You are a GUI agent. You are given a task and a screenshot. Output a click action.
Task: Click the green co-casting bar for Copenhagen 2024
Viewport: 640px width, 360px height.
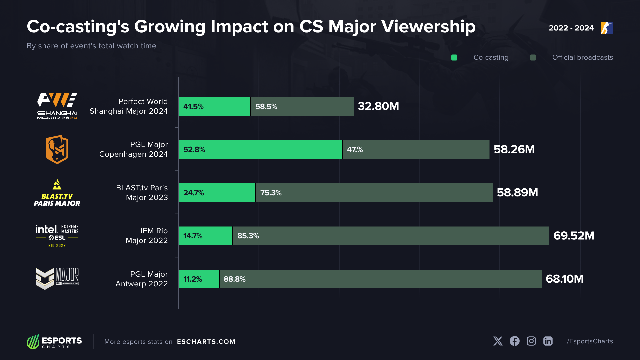click(260, 149)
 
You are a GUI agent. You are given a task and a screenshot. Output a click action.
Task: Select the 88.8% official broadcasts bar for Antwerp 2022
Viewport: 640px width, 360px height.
click(380, 279)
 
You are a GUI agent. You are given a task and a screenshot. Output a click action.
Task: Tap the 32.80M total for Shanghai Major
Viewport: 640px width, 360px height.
click(378, 106)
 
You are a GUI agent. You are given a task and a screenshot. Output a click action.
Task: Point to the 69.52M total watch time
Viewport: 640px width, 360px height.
click(574, 236)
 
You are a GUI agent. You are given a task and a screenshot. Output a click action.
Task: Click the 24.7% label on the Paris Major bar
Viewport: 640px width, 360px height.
click(194, 193)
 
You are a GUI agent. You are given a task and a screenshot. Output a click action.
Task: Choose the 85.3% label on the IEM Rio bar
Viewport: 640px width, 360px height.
click(248, 236)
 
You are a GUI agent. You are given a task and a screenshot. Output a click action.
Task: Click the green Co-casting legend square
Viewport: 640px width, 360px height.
click(454, 57)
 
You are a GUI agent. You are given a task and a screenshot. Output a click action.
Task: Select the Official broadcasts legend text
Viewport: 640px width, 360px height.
click(582, 57)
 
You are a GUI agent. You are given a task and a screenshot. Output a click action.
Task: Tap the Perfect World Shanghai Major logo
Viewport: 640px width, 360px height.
click(57, 106)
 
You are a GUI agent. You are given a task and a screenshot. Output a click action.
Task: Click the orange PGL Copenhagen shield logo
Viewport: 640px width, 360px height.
click(57, 149)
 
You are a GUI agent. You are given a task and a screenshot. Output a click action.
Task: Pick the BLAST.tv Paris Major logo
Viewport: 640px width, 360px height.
click(57, 193)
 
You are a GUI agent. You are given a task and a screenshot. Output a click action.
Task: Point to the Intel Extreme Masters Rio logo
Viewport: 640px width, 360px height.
click(57, 236)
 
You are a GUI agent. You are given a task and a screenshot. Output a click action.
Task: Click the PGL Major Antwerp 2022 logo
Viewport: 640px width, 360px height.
click(57, 278)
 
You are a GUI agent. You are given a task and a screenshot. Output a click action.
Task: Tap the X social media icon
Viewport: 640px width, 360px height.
click(498, 341)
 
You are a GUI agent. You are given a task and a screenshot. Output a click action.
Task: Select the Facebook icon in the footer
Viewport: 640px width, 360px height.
click(515, 341)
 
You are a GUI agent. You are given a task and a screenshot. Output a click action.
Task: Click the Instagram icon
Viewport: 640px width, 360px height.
click(531, 341)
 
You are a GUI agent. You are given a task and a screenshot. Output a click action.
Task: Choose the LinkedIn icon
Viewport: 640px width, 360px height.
click(548, 341)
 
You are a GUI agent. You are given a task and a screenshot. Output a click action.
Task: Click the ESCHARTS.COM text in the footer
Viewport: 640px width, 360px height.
click(206, 342)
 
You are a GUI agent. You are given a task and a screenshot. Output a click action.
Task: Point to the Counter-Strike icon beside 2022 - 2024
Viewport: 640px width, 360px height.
click(607, 28)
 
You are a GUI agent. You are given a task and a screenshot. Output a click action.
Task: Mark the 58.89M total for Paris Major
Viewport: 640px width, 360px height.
click(517, 193)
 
